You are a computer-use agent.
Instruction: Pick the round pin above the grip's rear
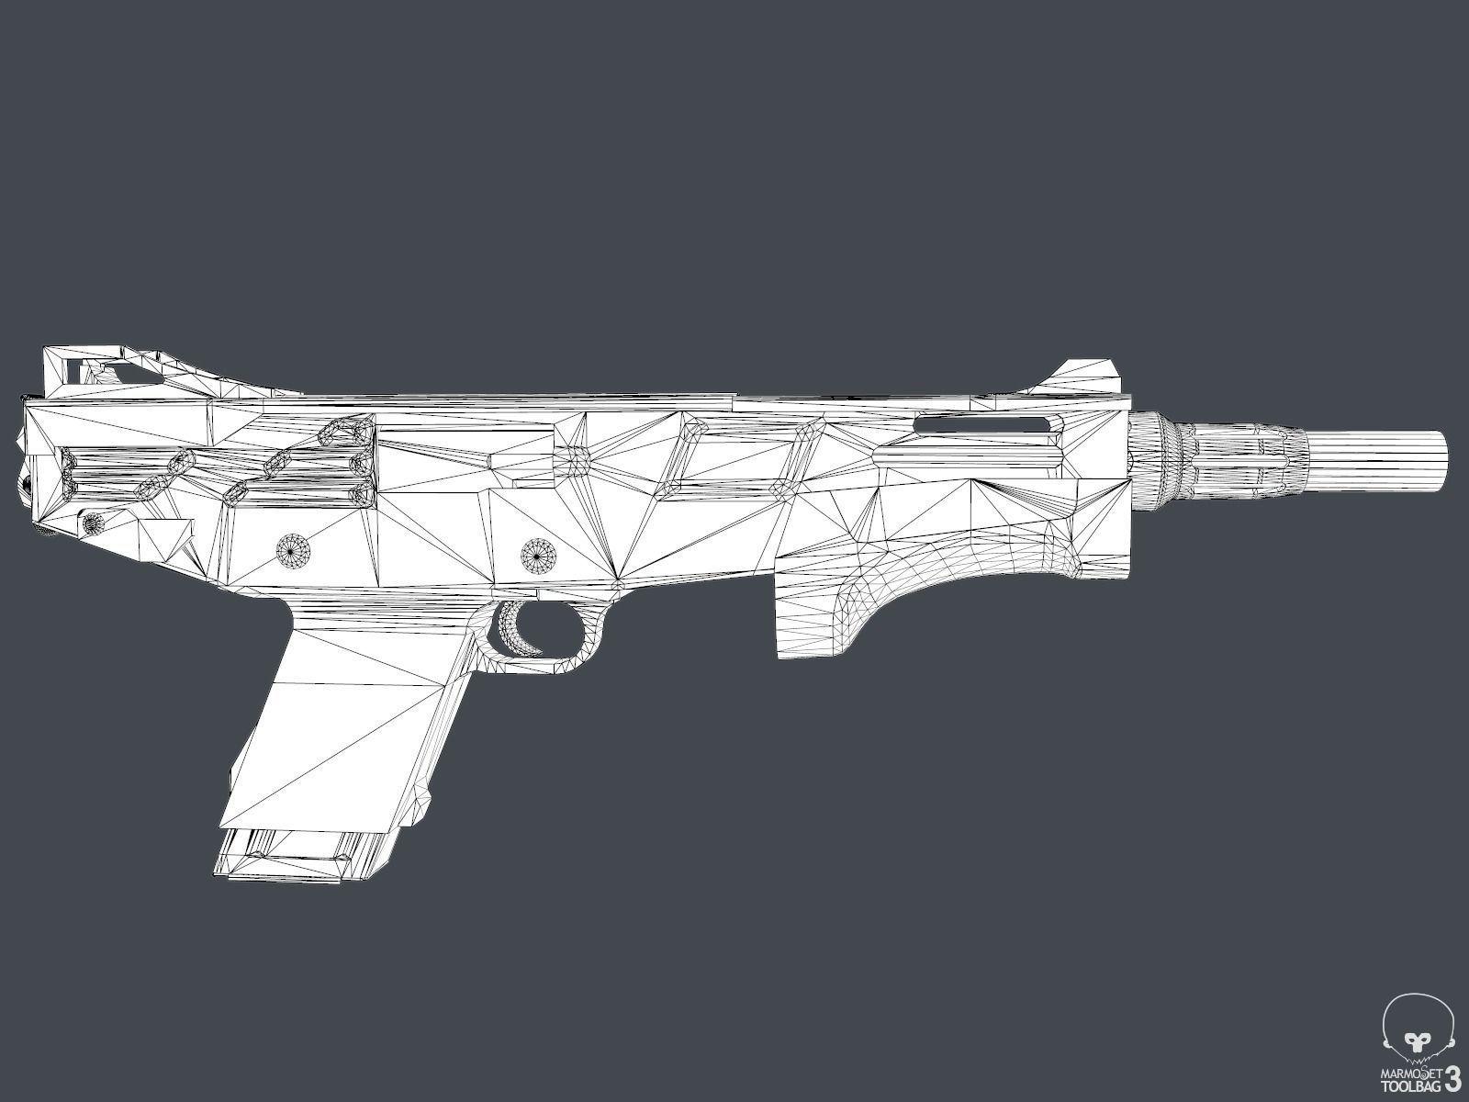295,549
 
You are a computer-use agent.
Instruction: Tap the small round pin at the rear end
92,523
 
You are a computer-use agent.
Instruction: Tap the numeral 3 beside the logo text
1453,1077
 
